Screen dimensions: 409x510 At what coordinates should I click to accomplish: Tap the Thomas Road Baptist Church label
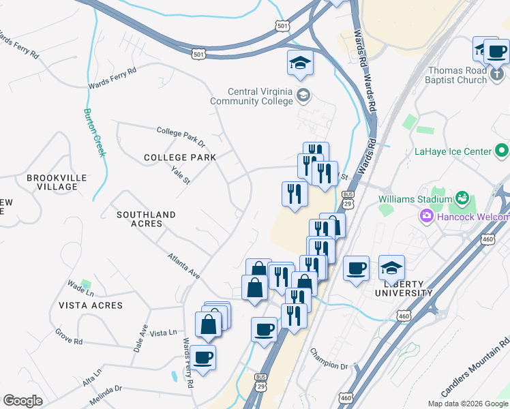(457, 75)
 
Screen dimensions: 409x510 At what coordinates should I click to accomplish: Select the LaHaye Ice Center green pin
(502, 150)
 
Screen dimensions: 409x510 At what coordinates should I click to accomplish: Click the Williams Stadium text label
(415, 199)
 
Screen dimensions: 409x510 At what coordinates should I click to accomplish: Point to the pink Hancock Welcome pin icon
(427, 217)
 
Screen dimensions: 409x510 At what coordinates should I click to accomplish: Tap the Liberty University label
(404, 288)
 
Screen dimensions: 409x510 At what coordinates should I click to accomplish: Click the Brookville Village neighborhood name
(57, 182)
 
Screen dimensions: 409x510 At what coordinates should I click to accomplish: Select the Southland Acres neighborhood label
(146, 219)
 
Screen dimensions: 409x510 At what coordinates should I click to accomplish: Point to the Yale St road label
(181, 177)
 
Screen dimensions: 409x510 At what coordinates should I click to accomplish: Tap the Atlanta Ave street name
(184, 266)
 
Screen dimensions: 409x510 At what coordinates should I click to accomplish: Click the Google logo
(22, 400)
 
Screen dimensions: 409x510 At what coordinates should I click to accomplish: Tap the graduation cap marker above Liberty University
(392, 267)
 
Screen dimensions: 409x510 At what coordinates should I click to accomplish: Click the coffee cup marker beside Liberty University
(356, 268)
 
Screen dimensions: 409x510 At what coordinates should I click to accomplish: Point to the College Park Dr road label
(181, 136)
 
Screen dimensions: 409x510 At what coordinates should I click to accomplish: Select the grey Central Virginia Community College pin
(303, 95)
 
